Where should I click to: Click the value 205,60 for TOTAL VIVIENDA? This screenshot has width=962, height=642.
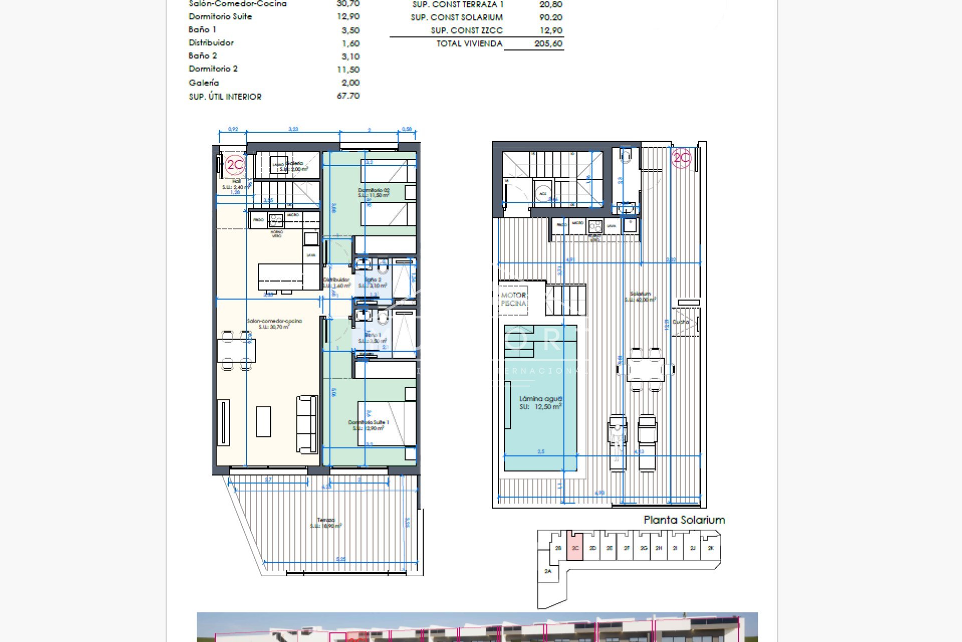click(x=548, y=44)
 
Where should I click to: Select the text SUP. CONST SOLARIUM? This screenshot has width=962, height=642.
click(x=456, y=18)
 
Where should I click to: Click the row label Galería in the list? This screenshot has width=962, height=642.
click(x=203, y=83)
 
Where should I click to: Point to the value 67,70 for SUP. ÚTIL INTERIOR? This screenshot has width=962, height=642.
click(x=348, y=96)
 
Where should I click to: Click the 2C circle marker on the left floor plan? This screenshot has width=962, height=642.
click(x=234, y=165)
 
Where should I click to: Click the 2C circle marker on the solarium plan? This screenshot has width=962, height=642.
click(x=681, y=158)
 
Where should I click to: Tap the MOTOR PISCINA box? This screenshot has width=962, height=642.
click(x=514, y=299)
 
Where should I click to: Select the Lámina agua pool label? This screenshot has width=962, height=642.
click(x=541, y=403)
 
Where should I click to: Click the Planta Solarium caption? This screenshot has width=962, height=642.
click(x=684, y=520)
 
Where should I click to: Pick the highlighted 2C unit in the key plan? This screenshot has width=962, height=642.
click(x=575, y=548)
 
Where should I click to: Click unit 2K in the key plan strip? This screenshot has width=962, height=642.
click(x=710, y=548)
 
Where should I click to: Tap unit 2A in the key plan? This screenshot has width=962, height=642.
click(x=548, y=571)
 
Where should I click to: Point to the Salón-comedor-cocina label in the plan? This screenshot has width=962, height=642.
click(x=274, y=324)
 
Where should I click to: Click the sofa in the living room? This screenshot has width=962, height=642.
click(x=307, y=424)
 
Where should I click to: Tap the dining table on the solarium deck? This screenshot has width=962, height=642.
click(x=645, y=370)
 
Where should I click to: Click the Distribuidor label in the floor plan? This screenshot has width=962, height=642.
click(x=336, y=282)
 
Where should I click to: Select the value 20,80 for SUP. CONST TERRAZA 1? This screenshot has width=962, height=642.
click(x=551, y=5)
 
